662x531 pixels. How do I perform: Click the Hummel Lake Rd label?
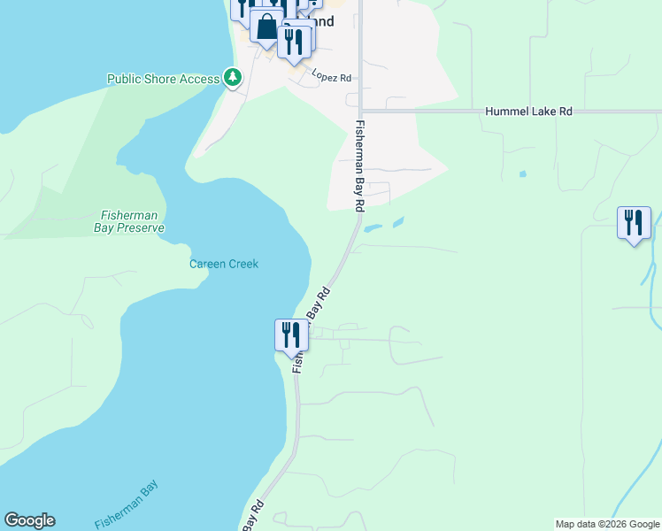click(528, 112)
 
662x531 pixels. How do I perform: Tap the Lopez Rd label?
click(332, 78)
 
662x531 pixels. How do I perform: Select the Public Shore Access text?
click(163, 79)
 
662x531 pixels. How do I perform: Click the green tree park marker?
click(233, 78)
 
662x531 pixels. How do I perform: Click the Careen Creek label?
click(224, 264)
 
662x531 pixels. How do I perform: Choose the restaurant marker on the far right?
click(634, 223)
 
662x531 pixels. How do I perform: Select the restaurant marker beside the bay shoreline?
click(290, 335)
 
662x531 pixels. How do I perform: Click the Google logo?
click(29, 520)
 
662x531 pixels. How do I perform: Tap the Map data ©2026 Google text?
click(607, 524)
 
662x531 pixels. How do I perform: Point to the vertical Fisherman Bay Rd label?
click(360, 165)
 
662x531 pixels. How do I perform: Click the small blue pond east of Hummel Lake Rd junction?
click(522, 173)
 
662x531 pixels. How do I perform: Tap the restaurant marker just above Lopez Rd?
click(293, 42)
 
